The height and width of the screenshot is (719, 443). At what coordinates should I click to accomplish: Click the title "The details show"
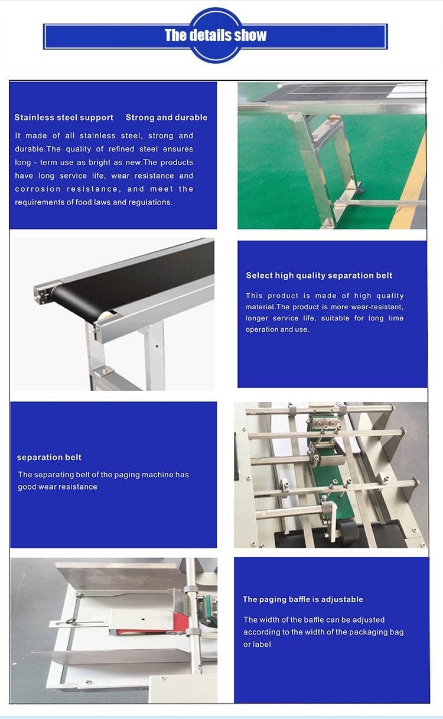click(216, 35)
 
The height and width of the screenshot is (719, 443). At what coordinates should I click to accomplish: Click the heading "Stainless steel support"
click(64, 118)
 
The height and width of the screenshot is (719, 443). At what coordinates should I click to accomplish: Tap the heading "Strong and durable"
click(167, 118)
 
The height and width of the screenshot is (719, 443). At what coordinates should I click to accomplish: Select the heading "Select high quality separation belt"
click(319, 276)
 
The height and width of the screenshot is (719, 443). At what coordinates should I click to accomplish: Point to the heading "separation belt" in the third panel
click(49, 457)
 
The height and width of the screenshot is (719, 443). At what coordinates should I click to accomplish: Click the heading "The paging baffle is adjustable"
click(302, 600)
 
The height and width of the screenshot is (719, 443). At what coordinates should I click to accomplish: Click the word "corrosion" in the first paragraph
click(37, 189)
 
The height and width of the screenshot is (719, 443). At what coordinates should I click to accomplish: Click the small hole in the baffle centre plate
click(143, 619)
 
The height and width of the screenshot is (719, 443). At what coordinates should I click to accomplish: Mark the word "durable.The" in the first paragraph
click(37, 149)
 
